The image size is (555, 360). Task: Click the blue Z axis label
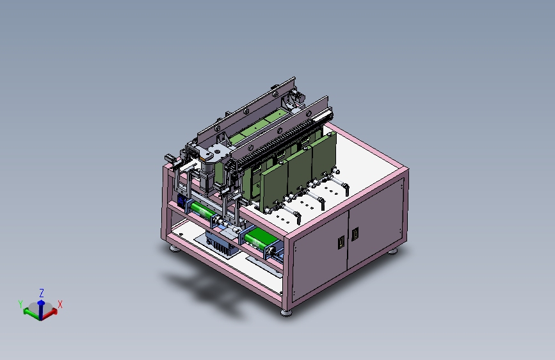click(42, 293)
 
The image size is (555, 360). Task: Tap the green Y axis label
click(20, 304)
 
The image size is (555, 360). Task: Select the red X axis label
click(60, 304)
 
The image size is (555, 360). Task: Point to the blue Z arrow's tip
click(41, 301)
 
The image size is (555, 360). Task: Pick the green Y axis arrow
click(31, 313)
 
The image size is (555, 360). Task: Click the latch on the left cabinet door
click(341, 242)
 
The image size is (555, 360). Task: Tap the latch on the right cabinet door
click(355, 234)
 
